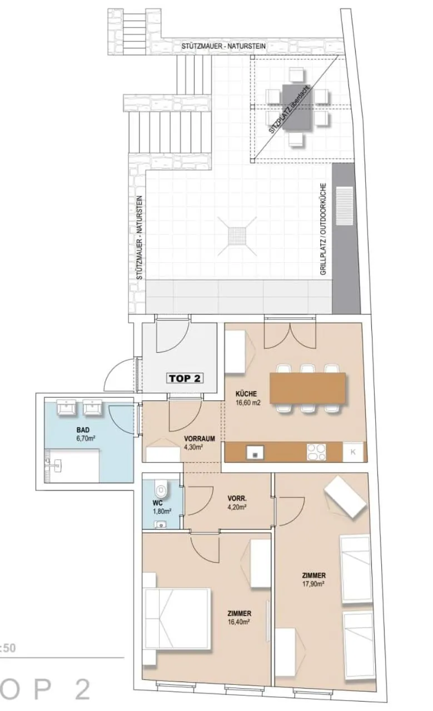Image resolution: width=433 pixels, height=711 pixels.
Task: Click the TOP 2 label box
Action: [185, 378]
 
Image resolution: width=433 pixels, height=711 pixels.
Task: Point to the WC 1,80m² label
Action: [162, 507]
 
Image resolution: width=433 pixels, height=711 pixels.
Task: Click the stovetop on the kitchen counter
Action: [316, 452]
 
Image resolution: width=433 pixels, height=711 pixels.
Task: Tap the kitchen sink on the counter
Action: [255, 452]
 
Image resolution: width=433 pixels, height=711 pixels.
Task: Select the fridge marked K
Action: [353, 452]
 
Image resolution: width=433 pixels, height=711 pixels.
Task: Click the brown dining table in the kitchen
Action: [307, 388]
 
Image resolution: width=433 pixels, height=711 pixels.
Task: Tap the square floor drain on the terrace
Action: [237, 236]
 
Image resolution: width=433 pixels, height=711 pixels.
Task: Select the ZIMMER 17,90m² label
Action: [313, 579]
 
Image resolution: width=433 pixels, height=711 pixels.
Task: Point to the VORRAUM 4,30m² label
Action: [200, 443]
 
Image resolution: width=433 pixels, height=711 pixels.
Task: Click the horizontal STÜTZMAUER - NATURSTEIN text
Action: [223, 46]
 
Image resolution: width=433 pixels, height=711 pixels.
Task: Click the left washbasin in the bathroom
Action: [66, 407]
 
